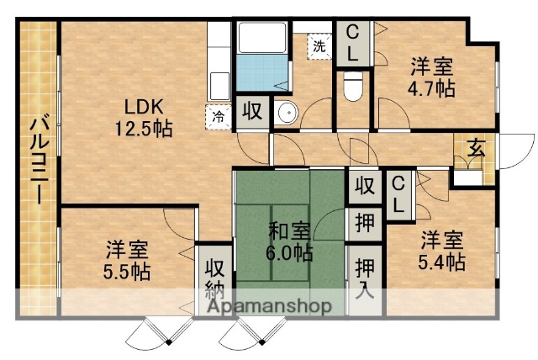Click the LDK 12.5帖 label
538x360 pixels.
pyautogui.click(x=145, y=119)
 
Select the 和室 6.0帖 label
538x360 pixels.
pyautogui.click(x=291, y=240)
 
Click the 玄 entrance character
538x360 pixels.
pyautogui.click(x=476, y=148)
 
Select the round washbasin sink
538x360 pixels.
pyautogui.click(x=287, y=113)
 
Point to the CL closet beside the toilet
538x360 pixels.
pyautogui.click(x=353, y=42)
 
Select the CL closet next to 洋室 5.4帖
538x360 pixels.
pyautogui.click(x=398, y=193)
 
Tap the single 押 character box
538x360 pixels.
pyautogui.click(x=363, y=222)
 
